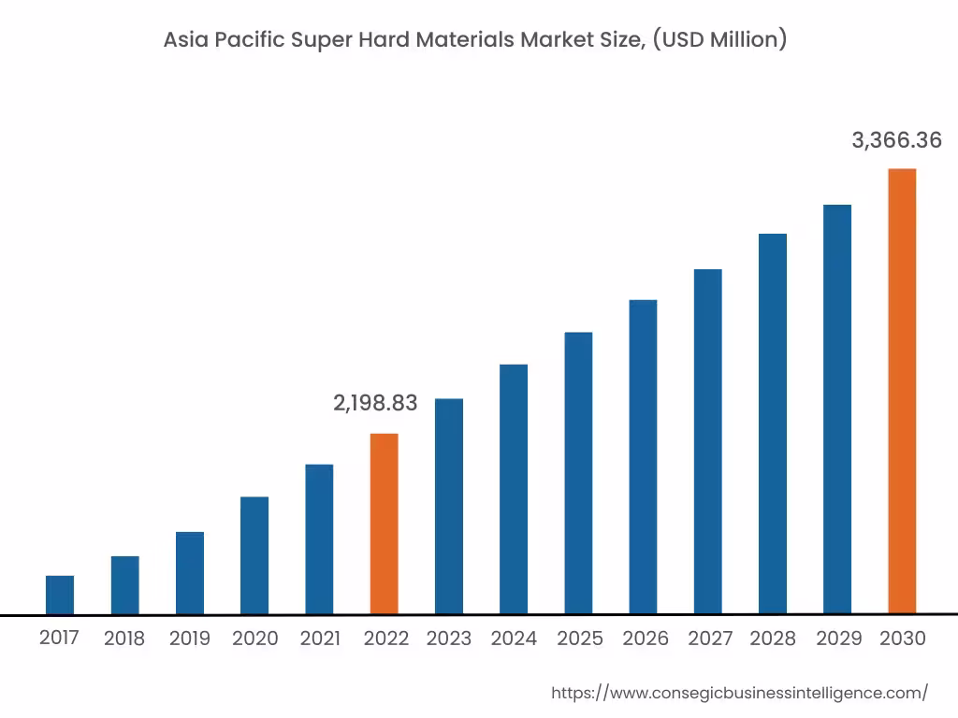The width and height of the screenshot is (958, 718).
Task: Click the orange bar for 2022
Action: (x=384, y=524)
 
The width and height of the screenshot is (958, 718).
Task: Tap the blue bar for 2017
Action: (x=60, y=595)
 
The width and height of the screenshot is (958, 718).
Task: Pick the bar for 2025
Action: (x=578, y=473)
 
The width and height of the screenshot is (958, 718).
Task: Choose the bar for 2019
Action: (x=190, y=573)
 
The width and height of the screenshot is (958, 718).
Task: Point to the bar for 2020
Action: (x=254, y=555)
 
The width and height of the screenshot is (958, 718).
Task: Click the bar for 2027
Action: (x=708, y=441)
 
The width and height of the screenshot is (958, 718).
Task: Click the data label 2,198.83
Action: (x=375, y=403)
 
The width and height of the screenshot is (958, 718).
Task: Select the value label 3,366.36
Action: (x=896, y=140)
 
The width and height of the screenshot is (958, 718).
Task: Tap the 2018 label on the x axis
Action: (x=124, y=639)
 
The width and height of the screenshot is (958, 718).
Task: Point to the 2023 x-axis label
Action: (x=449, y=639)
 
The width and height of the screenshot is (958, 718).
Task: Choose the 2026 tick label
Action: (x=646, y=639)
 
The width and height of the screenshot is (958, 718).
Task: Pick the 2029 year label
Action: (x=838, y=639)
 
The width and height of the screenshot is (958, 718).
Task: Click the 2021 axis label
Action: (x=320, y=639)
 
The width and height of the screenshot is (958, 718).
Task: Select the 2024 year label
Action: (x=514, y=639)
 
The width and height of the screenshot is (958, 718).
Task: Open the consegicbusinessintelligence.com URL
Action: (x=739, y=693)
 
